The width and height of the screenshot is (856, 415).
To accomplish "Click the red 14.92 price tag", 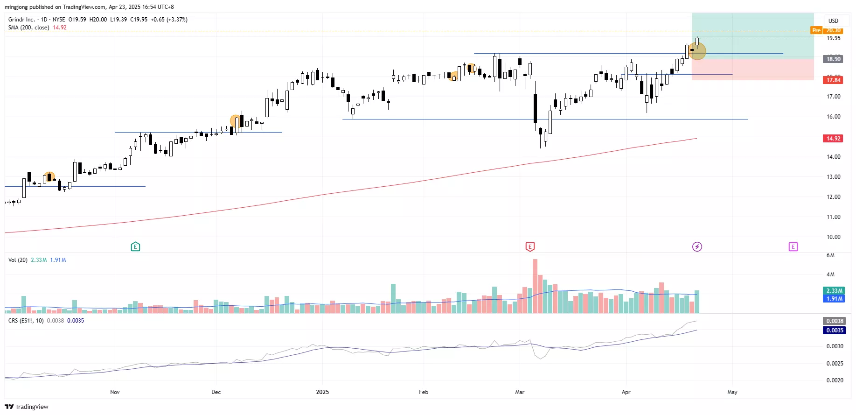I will click(833, 139).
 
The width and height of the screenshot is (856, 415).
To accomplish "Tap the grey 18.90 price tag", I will click(833, 59).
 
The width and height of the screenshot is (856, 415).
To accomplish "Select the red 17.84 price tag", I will click(833, 80).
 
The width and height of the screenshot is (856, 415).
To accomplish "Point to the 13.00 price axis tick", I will click(833, 177).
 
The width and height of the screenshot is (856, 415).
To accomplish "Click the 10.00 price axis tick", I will click(833, 237).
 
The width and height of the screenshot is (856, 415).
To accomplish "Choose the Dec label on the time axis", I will click(216, 392).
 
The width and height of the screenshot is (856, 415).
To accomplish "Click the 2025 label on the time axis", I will click(322, 392).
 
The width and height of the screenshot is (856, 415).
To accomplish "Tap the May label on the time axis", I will click(732, 392).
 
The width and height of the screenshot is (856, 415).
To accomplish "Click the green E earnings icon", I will click(135, 246).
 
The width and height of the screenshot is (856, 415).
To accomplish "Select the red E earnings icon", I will click(530, 246).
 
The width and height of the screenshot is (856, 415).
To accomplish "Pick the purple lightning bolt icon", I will click(697, 246).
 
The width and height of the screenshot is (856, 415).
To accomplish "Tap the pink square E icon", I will click(793, 246).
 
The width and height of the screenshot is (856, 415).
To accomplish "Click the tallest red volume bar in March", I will click(535, 286).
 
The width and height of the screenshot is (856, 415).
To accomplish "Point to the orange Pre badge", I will click(816, 30).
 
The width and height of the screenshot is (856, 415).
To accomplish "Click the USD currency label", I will click(833, 21).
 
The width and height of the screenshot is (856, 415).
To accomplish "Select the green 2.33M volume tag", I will click(834, 290).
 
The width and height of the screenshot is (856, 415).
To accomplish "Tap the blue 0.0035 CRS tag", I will click(834, 331).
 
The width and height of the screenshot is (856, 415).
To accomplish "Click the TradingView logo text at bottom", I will click(27, 407).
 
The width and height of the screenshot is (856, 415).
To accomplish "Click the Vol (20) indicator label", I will click(18, 260).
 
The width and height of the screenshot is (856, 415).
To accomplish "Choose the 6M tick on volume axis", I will click(830, 255).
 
